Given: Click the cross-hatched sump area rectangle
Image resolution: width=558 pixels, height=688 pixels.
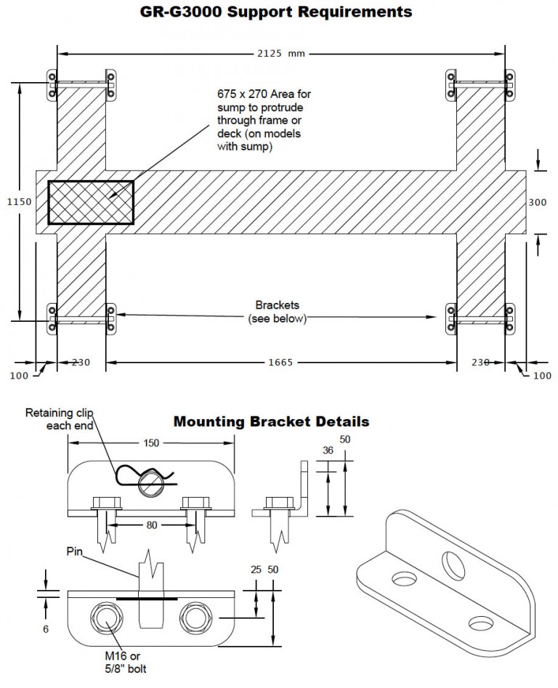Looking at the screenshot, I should pos(91,202).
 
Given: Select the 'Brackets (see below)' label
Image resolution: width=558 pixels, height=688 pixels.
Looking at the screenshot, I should pos(277,312).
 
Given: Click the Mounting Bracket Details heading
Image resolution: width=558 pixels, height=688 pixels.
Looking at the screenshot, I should pos(271,421).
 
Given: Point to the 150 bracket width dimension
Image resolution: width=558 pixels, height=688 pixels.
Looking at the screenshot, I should pos(151,442).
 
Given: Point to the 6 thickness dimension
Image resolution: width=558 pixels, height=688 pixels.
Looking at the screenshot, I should pos(45,629).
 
